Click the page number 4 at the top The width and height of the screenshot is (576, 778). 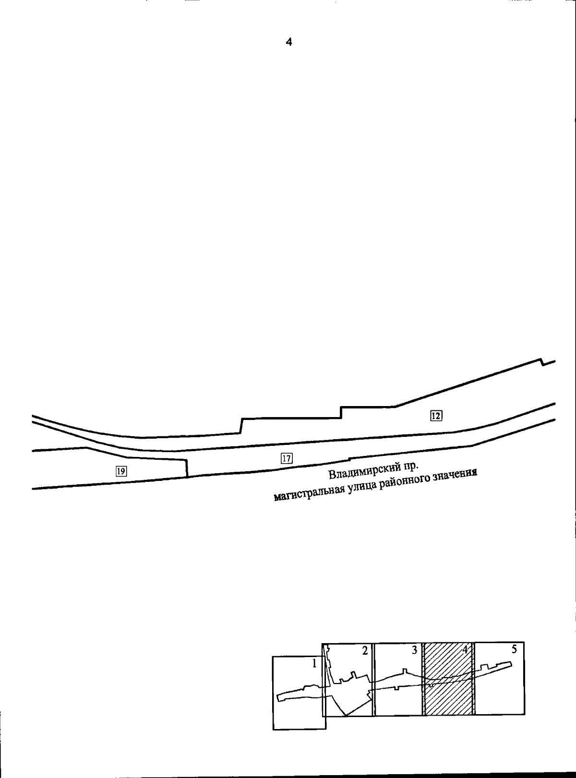click(288, 42)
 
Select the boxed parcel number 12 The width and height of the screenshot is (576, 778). click(436, 416)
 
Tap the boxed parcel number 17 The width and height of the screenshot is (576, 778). click(287, 458)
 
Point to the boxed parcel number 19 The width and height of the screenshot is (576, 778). click(121, 471)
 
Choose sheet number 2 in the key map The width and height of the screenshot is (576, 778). click(365, 651)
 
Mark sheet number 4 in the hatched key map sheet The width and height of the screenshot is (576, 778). click(465, 649)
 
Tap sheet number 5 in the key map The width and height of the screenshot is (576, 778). click(514, 649)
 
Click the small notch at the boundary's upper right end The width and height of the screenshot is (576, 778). click(542, 362)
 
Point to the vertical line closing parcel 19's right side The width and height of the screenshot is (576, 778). click(187, 468)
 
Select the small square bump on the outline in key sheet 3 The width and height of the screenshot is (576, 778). click(405, 670)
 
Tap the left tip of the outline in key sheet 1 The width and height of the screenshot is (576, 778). click(277, 685)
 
